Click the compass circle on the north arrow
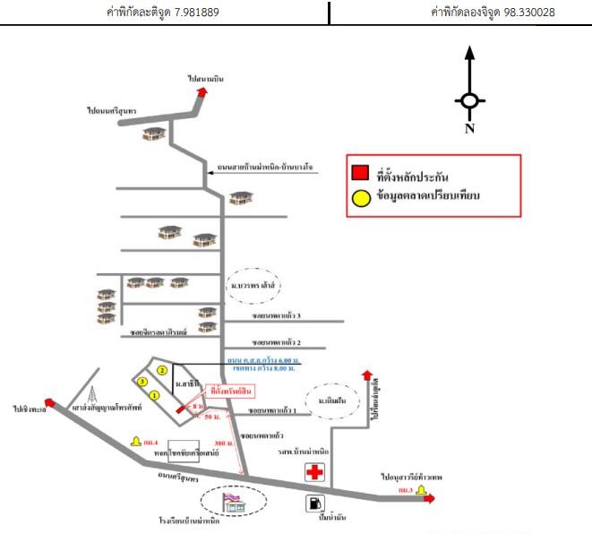[470, 101]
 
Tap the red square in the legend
[360, 173]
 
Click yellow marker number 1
[154, 394]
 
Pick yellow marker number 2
[162, 370]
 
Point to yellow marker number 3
[142, 382]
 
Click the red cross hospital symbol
[314, 472]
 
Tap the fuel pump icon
[314, 504]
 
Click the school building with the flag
[235, 503]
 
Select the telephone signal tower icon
[93, 395]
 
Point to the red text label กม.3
[406, 491]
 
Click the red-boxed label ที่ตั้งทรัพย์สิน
[230, 391]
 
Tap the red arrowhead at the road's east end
[430, 499]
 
